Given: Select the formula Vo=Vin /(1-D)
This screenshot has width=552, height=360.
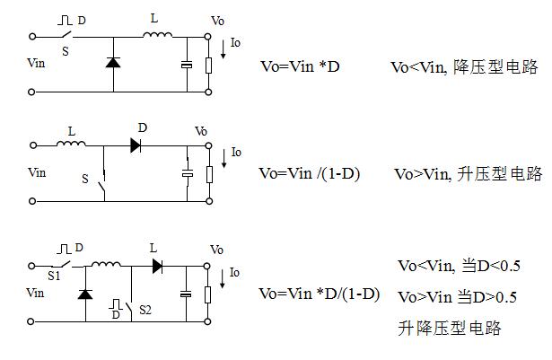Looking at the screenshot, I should click(309, 173).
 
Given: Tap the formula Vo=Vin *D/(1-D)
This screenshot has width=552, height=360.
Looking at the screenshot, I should click(319, 294).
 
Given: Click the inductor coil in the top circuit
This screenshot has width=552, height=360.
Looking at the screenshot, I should click(158, 35).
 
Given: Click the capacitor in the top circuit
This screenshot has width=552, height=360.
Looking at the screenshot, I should click(187, 64).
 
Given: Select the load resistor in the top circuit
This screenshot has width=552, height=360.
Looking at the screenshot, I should click(209, 64).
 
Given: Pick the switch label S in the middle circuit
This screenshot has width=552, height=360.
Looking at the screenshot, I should click(85, 180).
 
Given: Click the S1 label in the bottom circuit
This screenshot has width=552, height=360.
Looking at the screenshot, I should click(54, 277).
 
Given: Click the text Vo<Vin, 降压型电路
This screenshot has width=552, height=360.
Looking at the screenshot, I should click(463, 67).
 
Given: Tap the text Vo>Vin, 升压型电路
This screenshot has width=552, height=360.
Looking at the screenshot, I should click(468, 173).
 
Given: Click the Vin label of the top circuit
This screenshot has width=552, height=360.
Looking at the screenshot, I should click(38, 65).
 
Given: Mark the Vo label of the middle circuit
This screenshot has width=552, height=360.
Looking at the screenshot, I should click(201, 132).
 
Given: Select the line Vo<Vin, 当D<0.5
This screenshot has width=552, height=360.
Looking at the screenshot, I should click(458, 266).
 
